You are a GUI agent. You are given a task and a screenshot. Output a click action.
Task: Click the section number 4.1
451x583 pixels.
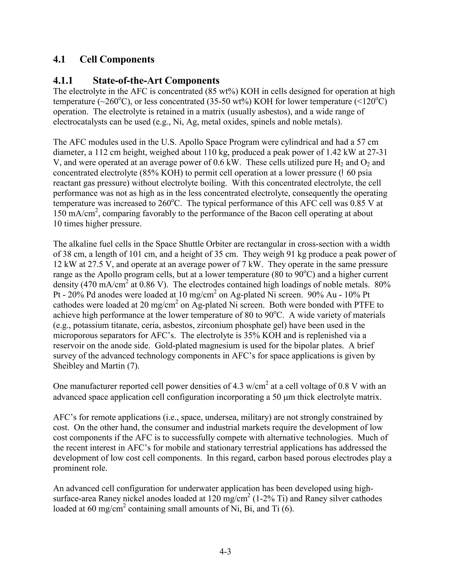click(59, 59)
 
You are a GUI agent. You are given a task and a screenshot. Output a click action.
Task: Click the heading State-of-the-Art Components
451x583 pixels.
click(156, 80)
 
